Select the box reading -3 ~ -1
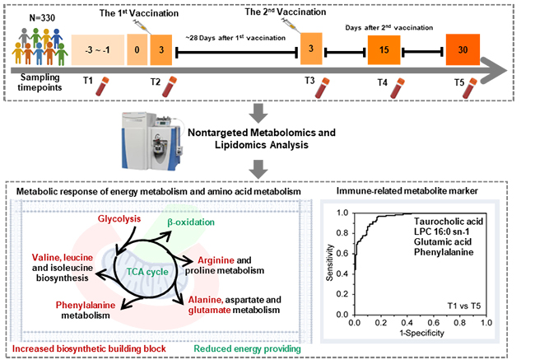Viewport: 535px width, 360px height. pos(98,49)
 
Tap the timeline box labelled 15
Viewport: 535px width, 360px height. pos(383,50)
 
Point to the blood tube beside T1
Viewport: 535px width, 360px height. pos(103,85)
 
